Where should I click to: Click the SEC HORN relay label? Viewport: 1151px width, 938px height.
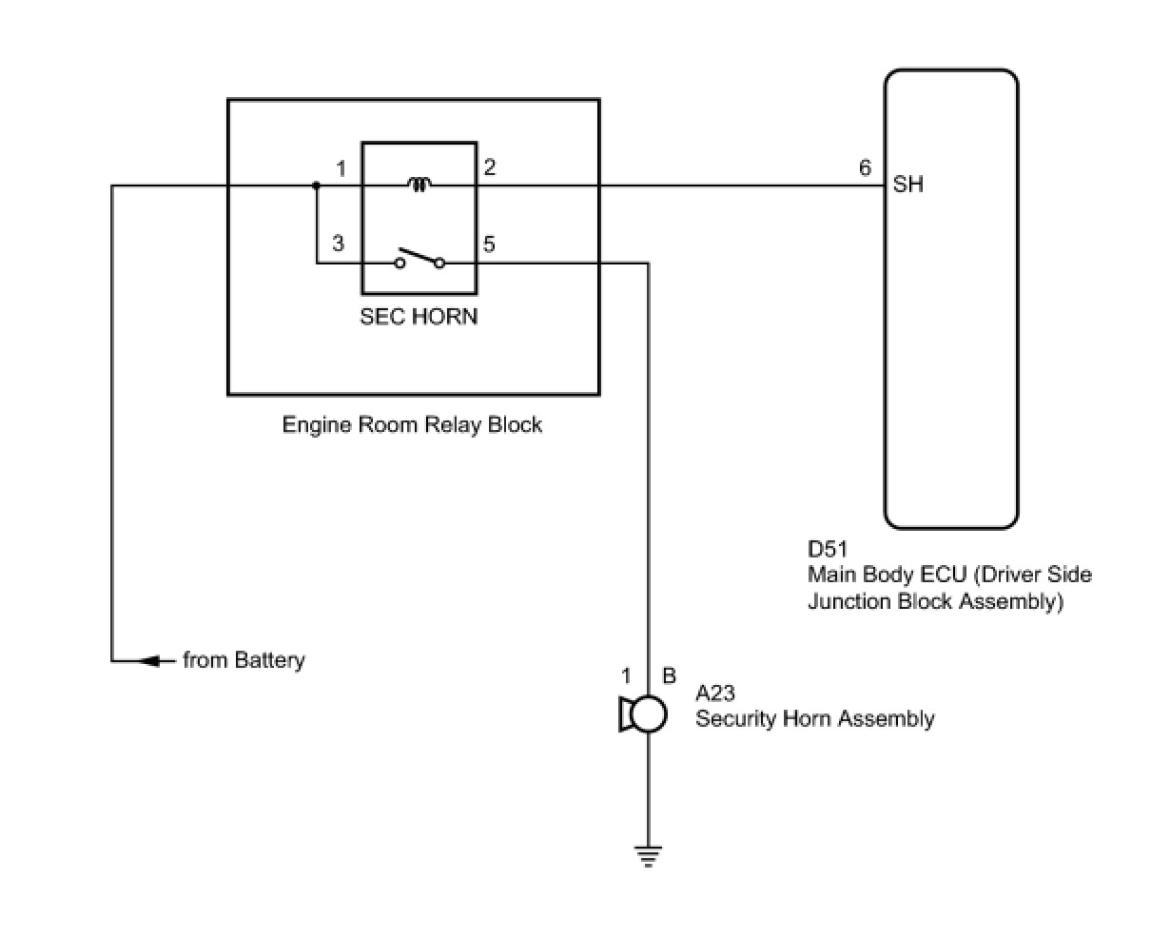click(x=419, y=317)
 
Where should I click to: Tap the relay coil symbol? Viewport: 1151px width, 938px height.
click(x=419, y=185)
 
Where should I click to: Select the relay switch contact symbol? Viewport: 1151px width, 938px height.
click(x=419, y=259)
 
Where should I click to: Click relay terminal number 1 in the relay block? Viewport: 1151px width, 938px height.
click(x=341, y=169)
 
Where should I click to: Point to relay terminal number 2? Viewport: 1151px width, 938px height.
click(x=489, y=167)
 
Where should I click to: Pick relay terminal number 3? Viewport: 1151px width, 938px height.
click(x=339, y=244)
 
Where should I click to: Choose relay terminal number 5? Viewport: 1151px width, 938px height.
click(x=489, y=244)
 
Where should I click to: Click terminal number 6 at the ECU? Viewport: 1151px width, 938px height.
click(x=865, y=168)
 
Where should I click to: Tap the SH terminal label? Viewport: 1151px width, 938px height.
click(x=908, y=185)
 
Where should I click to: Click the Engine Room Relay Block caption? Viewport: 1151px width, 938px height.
click(x=412, y=424)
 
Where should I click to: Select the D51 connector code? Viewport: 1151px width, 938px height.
click(x=828, y=549)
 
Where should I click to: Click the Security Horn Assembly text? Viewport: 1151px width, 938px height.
click(x=814, y=719)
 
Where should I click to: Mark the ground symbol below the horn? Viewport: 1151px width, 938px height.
click(x=648, y=858)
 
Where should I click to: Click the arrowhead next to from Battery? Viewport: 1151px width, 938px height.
click(x=150, y=660)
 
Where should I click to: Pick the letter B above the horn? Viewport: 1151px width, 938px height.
click(x=669, y=676)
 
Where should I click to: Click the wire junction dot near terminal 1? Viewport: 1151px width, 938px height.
click(x=317, y=186)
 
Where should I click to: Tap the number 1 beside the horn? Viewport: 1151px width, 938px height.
click(x=626, y=676)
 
